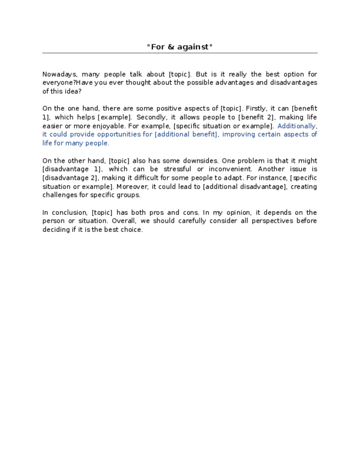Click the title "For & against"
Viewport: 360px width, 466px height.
pos(179,47)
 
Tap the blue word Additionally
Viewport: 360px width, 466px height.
pos(297,126)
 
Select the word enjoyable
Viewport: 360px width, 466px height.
pos(103,126)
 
